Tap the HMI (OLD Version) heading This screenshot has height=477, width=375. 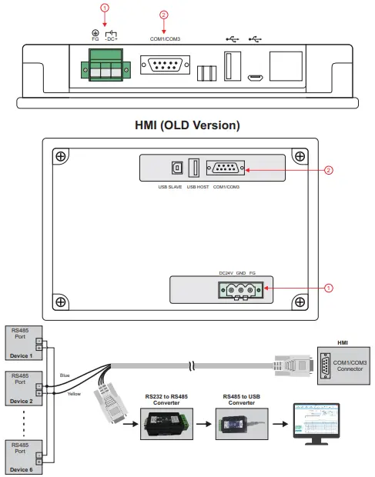188,125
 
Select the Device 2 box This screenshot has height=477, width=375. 21,389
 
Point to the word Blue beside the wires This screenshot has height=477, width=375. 65,376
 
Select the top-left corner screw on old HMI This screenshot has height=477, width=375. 60,157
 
